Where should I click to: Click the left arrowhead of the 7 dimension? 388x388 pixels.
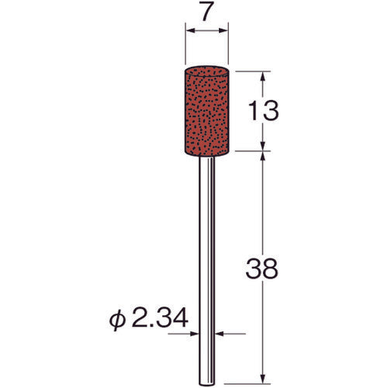[x=189, y=32]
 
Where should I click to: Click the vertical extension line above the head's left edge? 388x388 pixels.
[x=185, y=47]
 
